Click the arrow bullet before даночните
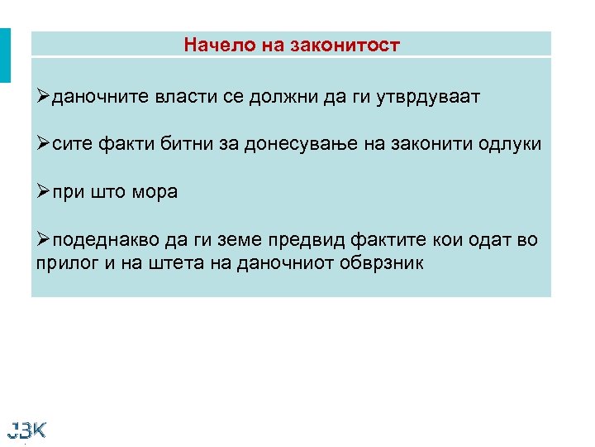pos(43,97)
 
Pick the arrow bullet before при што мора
pos(43,192)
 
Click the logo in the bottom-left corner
pos(26,430)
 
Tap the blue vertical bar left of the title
pos(5,55)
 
